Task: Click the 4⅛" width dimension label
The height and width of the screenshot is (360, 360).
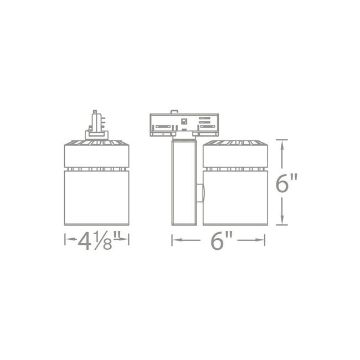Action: coord(97,240)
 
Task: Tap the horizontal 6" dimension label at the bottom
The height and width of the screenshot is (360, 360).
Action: coord(219,240)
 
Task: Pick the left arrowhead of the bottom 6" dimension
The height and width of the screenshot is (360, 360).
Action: coord(175,240)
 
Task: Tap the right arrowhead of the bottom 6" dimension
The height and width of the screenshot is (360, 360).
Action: coord(263,240)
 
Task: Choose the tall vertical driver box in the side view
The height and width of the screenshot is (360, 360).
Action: coord(184,183)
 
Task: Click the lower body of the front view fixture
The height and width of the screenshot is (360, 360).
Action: coord(97,197)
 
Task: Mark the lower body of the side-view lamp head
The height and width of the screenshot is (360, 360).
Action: coord(236,197)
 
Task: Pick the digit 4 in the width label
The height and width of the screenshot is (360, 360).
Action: coord(85,240)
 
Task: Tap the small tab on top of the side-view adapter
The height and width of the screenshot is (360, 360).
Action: coord(176,112)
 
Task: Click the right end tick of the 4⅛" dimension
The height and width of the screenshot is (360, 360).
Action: coord(129,240)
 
